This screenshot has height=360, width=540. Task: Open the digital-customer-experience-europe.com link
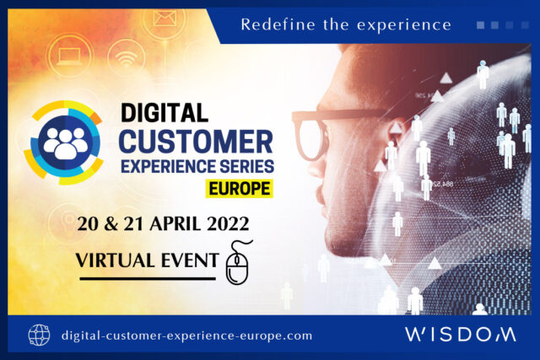pos(187,335)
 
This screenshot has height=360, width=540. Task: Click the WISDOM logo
pos(459,335)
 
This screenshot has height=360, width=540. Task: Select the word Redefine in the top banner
pos(271,24)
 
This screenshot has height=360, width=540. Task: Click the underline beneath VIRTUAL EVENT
pos(145,277)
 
